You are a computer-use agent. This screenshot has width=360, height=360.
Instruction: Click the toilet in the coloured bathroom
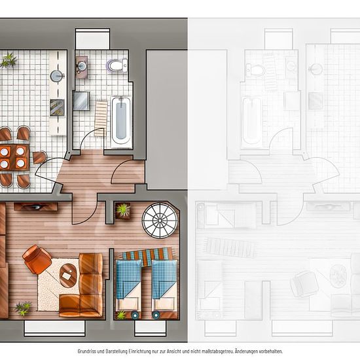pos(117,65)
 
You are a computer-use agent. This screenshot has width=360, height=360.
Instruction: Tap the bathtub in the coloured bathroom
pos(121,122)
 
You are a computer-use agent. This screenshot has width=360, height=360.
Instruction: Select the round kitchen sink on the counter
pos(57,76)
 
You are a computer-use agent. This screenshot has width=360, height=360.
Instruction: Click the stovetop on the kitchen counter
pos(57,108)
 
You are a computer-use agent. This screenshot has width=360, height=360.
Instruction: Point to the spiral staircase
pos(160,221)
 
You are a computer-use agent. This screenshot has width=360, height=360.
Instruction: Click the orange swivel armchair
pos(37,259)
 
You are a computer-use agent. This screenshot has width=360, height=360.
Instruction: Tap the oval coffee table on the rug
pos(68,275)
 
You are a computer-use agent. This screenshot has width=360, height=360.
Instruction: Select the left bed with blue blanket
pos(128,289)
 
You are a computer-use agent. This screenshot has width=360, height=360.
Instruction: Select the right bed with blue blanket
pos(164,289)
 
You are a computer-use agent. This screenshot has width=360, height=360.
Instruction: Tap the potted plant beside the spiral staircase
pos(123,211)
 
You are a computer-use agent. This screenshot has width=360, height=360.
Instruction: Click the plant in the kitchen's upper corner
pos(9,60)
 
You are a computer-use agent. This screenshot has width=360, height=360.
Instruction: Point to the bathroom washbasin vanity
pos(82,67)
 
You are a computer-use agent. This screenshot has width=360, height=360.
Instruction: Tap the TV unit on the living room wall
pos(35,207)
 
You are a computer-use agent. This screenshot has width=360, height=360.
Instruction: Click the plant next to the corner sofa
pos(23,308)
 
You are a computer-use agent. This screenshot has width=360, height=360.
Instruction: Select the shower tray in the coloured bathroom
pos(81,101)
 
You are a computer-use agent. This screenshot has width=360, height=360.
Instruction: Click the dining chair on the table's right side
pos(39,157)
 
